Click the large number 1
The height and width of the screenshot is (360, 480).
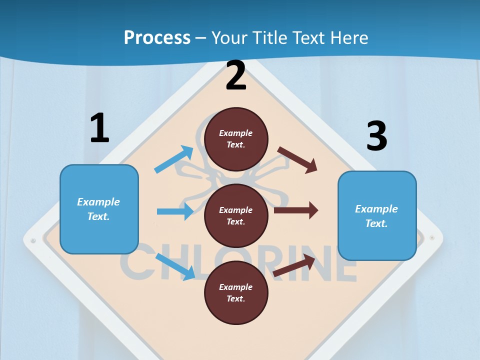click(99, 128)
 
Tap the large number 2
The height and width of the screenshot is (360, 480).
click(236, 76)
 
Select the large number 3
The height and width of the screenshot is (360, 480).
click(376, 137)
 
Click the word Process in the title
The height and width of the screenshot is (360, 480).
click(157, 37)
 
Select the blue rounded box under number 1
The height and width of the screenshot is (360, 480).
click(99, 209)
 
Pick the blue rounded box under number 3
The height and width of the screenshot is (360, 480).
click(377, 216)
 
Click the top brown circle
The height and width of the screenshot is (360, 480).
click(236, 139)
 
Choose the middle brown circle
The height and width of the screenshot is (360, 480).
click(236, 215)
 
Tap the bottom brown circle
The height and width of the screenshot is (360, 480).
click(236, 292)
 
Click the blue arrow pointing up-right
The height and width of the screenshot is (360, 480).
click(174, 159)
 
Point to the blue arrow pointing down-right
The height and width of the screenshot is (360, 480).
click(175, 266)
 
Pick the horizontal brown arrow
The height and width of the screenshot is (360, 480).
click(296, 210)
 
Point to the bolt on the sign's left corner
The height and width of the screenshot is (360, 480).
click(33, 240)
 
